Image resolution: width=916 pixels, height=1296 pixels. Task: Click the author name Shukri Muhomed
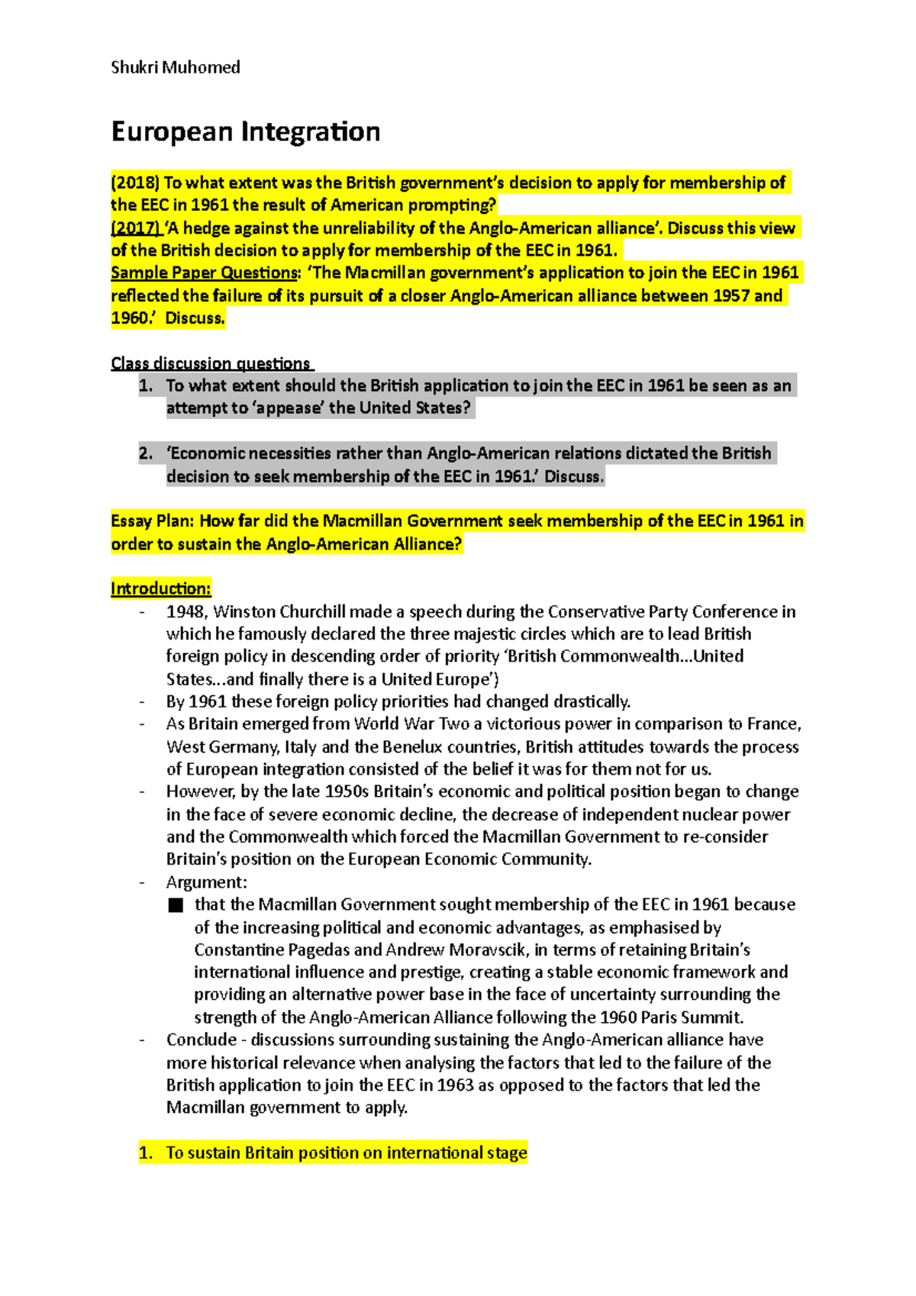pyautogui.click(x=176, y=67)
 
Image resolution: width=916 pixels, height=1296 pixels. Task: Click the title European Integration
pyautogui.click(x=245, y=131)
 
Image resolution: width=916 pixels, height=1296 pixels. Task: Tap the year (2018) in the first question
pyautogui.click(x=135, y=182)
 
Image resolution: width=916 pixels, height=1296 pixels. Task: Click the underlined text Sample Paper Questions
pyautogui.click(x=204, y=272)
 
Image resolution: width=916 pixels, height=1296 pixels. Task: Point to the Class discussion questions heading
pyautogui.click(x=211, y=363)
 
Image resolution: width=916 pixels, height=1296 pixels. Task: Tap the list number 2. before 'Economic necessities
pyautogui.click(x=146, y=453)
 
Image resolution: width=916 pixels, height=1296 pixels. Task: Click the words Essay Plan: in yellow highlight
pyautogui.click(x=153, y=521)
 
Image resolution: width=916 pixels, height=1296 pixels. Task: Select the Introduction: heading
pyautogui.click(x=160, y=588)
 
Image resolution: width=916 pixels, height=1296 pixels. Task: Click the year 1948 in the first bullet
pyautogui.click(x=185, y=611)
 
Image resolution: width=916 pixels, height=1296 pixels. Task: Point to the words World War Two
pyautogui.click(x=411, y=724)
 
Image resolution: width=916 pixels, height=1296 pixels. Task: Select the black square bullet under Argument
pyautogui.click(x=176, y=905)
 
